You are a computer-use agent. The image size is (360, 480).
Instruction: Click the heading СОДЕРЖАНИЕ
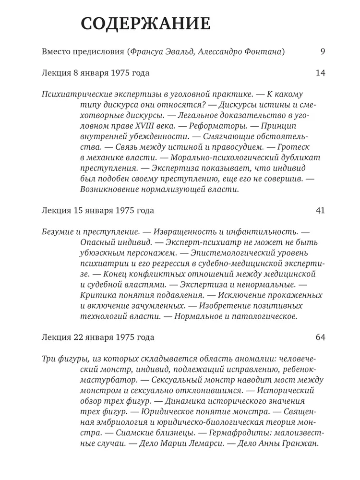145,24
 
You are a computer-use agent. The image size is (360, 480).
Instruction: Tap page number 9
322,52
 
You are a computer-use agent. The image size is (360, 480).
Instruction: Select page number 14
321,73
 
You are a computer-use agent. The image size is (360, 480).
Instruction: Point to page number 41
321,211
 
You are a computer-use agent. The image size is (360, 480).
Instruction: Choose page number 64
321,337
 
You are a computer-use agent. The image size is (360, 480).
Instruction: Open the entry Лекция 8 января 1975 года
96,73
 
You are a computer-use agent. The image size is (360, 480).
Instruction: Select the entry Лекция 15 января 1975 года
98,211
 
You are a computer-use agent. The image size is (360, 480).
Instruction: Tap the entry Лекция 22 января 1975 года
98,337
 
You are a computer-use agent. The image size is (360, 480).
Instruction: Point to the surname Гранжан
300,444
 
